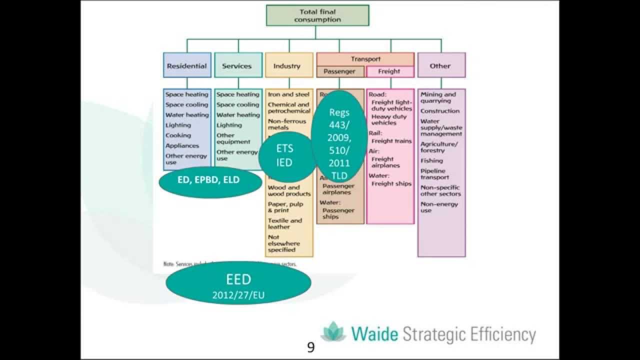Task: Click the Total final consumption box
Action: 317,15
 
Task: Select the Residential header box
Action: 187,65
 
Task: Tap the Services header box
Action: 237,65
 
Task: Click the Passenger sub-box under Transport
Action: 339,71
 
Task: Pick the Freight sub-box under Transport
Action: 389,71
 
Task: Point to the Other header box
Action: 440,65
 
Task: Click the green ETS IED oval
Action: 284,155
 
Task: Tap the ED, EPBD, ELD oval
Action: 209,180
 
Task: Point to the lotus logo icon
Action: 333,332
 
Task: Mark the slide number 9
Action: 311,347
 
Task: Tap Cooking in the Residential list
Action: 178,135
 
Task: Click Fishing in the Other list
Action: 431,160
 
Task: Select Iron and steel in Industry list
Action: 288,94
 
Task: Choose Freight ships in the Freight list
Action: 391,183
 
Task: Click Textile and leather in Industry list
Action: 285,223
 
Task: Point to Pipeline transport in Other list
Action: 434,174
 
